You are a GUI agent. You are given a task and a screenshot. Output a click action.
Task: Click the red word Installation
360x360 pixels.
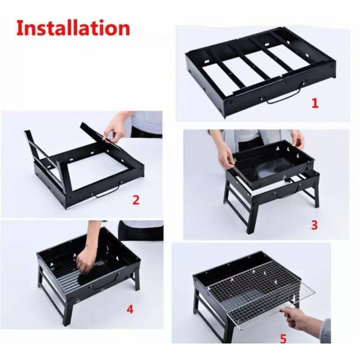coord(73,28)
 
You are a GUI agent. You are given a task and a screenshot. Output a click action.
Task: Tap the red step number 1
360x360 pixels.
coord(315,103)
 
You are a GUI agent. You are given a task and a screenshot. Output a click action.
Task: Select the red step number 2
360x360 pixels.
coord(136,200)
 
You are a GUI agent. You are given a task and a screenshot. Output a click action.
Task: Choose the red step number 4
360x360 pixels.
coord(130,310)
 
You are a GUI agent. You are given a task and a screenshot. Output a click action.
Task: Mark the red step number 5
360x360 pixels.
coord(283,339)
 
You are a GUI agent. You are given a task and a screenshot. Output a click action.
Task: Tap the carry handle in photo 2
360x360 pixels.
coord(108,191)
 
